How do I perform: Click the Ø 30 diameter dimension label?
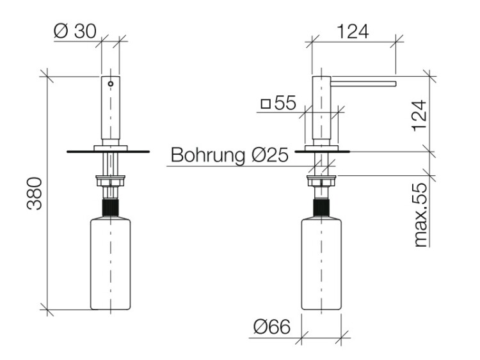(75, 31)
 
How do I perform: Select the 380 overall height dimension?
(35, 194)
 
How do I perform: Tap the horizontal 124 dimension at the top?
(353, 31)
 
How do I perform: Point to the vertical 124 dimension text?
(419, 116)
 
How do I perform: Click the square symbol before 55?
(266, 104)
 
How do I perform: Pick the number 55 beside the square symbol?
(285, 103)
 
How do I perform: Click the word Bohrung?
(208, 155)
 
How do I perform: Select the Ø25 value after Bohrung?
(269, 155)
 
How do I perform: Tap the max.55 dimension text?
(420, 215)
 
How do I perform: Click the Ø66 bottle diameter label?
(272, 327)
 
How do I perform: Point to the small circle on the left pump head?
(111, 84)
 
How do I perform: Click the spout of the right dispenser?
(364, 84)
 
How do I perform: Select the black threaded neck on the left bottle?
(110, 208)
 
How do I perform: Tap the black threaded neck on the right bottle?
(321, 208)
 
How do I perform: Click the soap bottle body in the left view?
(111, 263)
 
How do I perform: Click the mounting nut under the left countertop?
(111, 180)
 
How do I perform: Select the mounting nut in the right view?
(321, 180)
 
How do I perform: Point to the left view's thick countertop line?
(108, 152)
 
